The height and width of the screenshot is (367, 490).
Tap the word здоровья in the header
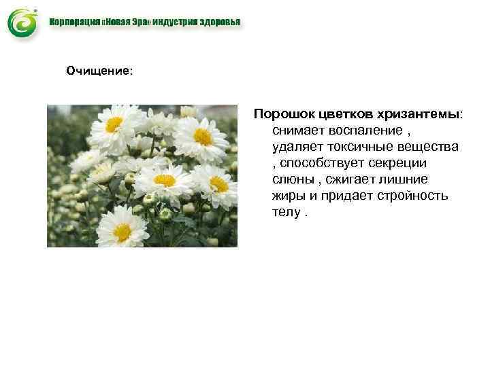click(x=218, y=22)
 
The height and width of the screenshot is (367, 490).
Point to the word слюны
click(x=291, y=179)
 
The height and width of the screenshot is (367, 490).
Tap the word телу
click(x=287, y=212)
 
